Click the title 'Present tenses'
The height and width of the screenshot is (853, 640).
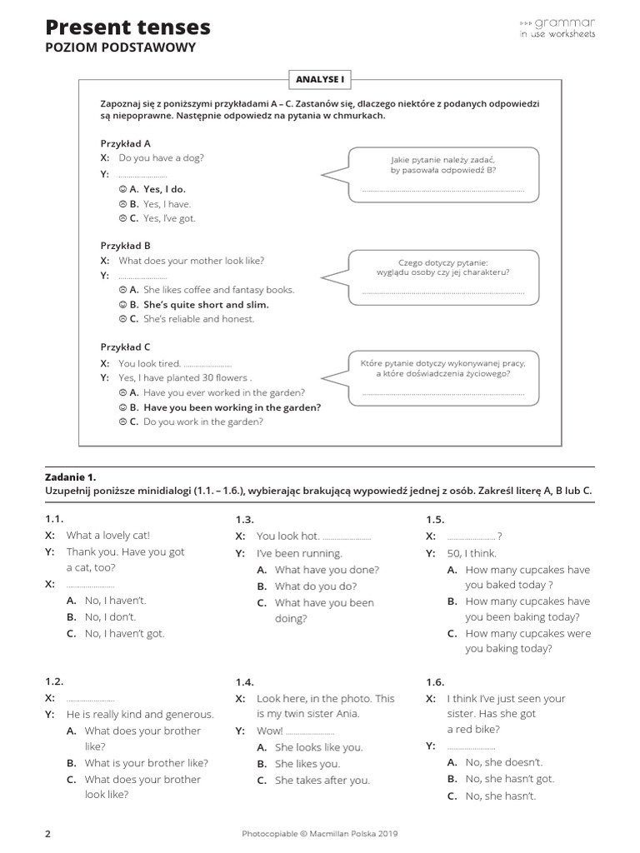click(127, 27)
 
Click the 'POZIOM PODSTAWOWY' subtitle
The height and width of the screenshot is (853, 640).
click(120, 47)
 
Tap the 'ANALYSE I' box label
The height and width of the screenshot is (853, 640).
click(319, 79)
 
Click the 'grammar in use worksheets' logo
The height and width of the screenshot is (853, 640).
click(557, 27)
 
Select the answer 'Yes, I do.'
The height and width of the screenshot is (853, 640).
click(163, 189)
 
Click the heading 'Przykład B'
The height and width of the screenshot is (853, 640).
click(125, 246)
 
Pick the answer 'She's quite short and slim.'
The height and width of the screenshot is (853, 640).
click(205, 304)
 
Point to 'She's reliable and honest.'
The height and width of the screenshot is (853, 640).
click(198, 319)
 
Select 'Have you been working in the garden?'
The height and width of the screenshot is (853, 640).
click(232, 407)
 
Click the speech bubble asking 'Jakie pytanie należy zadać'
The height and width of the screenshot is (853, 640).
click(443, 175)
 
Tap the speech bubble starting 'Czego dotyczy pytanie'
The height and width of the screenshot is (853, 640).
click(443, 276)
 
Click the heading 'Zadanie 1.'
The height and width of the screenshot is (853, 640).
click(71, 477)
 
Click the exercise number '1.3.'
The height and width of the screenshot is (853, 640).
click(245, 520)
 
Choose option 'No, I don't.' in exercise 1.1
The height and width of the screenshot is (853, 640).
click(110, 617)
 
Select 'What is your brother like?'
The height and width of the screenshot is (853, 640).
click(146, 763)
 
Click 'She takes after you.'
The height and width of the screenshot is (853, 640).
click(322, 781)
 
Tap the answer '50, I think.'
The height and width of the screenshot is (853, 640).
click(472, 553)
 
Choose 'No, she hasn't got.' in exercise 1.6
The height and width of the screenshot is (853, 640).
click(509, 779)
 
